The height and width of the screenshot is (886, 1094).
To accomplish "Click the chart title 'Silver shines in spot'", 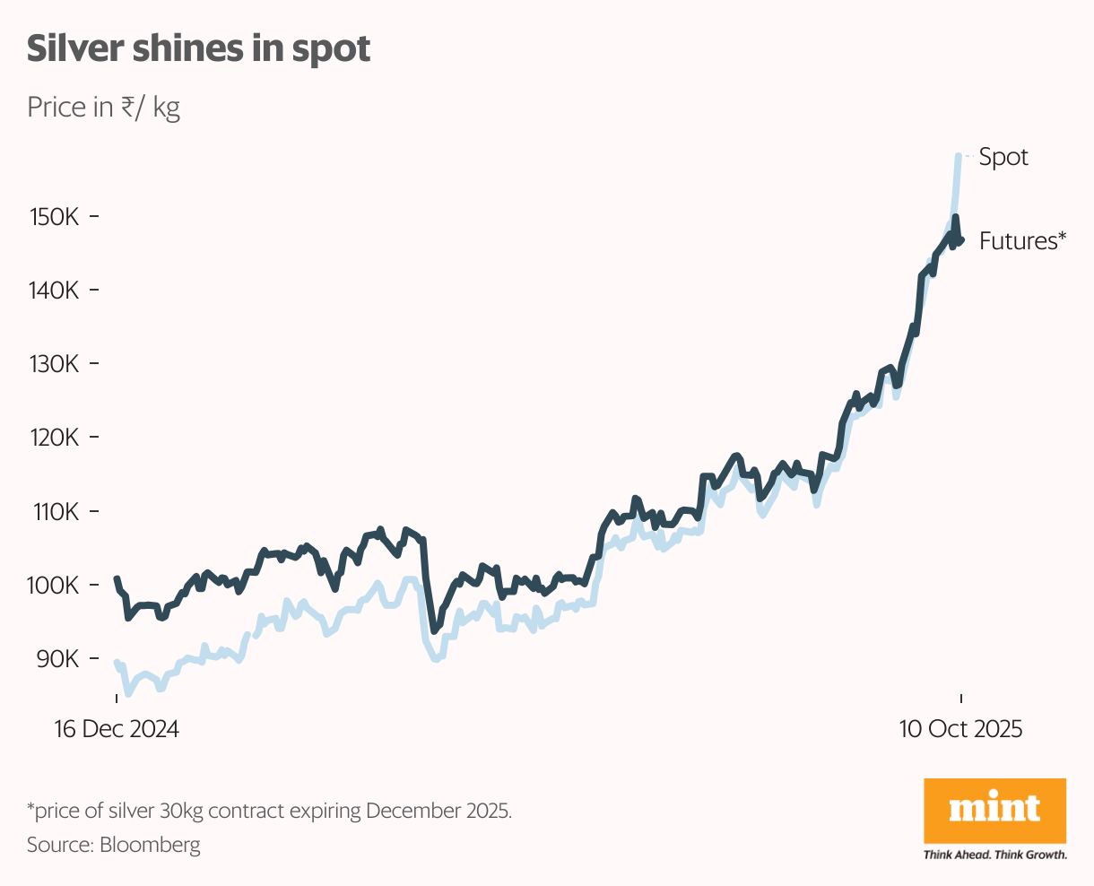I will click(198, 49).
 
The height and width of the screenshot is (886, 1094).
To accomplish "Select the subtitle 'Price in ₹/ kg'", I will click(103, 108).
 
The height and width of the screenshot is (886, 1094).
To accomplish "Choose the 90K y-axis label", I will click(56, 658).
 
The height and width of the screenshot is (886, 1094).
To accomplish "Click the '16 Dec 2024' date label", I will click(117, 729).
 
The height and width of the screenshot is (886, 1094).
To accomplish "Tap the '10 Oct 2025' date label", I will click(960, 729).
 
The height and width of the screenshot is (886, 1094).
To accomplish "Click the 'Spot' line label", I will click(1003, 157).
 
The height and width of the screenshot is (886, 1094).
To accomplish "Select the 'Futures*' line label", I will click(1022, 241).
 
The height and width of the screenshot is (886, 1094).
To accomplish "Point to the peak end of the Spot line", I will click(959, 156).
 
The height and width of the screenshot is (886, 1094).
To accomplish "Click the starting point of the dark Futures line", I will click(117, 579).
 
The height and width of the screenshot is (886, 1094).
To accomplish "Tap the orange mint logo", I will click(994, 810).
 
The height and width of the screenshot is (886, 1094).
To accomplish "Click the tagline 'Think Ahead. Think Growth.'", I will click(994, 855).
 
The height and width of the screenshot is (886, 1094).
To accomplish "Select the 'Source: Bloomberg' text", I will click(114, 845).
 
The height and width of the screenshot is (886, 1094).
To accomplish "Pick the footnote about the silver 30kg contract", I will click(269, 812).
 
